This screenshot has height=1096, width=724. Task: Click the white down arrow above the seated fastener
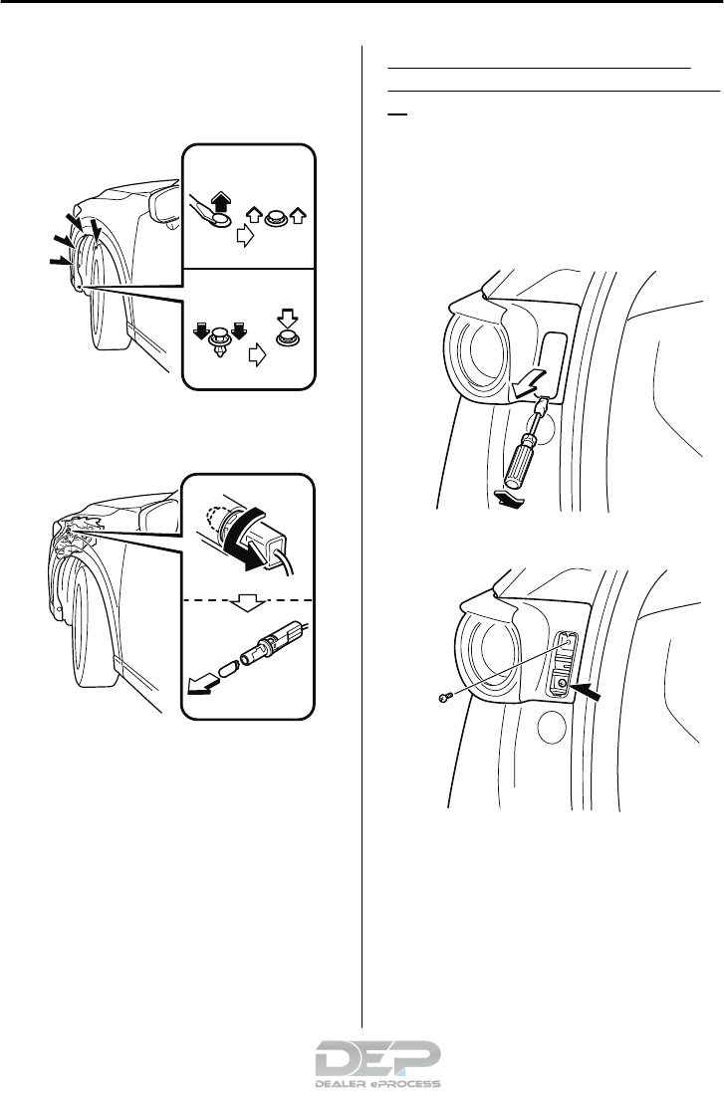[x=288, y=318]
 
